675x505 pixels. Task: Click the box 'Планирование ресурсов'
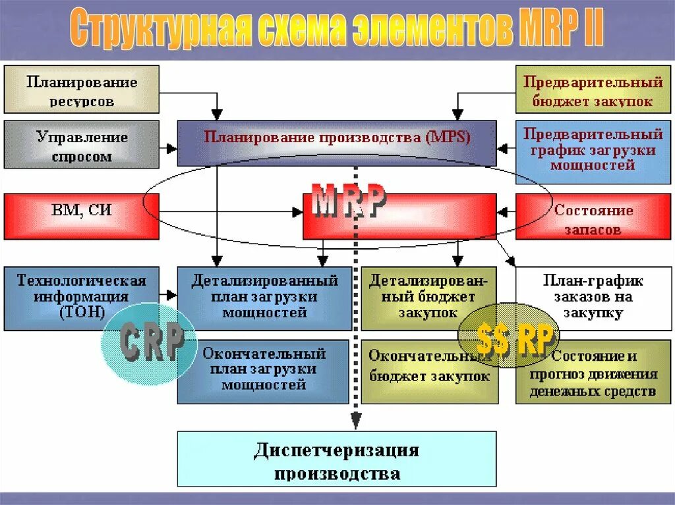point(82,90)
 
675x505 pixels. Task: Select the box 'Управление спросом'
point(82,144)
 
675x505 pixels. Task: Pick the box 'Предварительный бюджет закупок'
point(593,90)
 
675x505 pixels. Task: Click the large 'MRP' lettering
point(349,203)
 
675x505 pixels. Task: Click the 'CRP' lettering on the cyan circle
point(152,342)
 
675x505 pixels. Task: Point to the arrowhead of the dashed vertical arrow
point(356,421)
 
